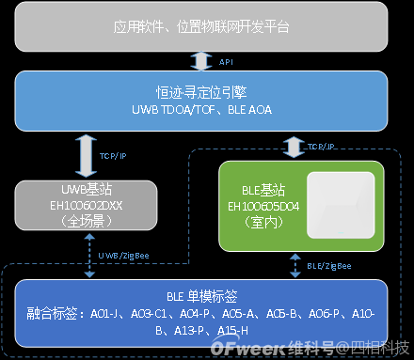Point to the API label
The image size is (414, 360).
pyautogui.click(x=226, y=60)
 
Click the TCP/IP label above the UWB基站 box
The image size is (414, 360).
pyautogui.click(x=114, y=156)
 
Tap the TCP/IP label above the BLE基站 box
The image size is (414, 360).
pyautogui.click(x=321, y=147)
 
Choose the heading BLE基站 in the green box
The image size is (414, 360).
pyautogui.click(x=256, y=187)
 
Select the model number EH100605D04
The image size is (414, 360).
pyautogui.click(x=256, y=204)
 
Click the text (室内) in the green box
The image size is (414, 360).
pyautogui.click(x=256, y=221)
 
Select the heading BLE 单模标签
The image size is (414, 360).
pyautogui.click(x=200, y=294)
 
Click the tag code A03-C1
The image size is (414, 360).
pyautogui.click(x=148, y=313)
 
